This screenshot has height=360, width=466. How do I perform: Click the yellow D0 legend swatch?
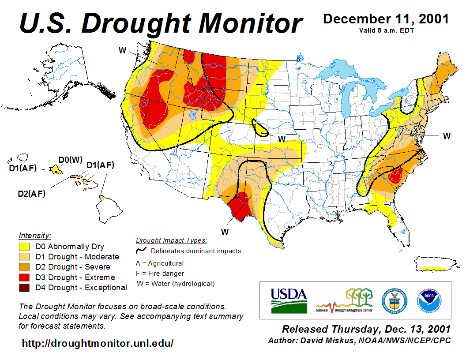24,247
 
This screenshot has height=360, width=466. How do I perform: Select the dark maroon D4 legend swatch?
24,288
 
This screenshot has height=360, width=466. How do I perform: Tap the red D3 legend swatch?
24,277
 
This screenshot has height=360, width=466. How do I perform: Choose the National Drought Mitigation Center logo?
345,300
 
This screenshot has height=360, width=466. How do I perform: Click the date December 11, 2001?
386,19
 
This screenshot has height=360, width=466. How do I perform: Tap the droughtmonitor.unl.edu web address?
98,343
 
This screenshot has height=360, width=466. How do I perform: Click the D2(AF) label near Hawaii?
31,193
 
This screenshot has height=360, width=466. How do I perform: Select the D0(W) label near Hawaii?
71,159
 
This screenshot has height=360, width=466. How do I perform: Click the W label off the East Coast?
447,136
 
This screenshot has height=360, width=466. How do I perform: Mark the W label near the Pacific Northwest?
123,50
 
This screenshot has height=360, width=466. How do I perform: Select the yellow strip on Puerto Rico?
435,268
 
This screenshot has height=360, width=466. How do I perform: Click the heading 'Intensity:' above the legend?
35,235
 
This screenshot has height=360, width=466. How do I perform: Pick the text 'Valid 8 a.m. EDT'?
386,30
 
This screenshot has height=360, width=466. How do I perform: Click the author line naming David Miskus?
359,341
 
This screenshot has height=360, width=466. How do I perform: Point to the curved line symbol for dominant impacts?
141,251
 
